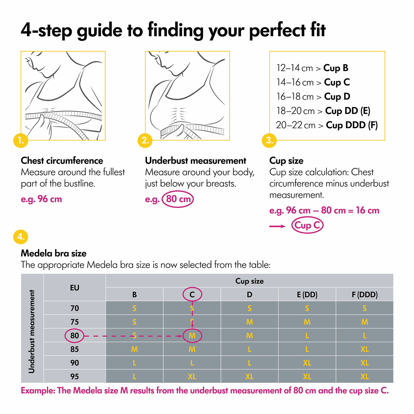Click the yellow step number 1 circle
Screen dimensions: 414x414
pyautogui.click(x=21, y=141)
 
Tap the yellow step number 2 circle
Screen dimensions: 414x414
pyautogui.click(x=145, y=141)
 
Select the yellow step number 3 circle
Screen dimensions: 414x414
pyautogui.click(x=269, y=141)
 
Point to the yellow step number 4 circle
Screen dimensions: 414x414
pyautogui.click(x=21, y=237)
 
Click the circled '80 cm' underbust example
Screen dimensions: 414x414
pyautogui.click(x=178, y=199)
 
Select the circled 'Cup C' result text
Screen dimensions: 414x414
pyautogui.click(x=307, y=225)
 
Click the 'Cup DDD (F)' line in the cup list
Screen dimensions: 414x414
pyautogui.click(x=327, y=125)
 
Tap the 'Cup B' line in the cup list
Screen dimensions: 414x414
pyautogui.click(x=312, y=68)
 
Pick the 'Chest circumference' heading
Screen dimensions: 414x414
pyautogui.click(x=62, y=161)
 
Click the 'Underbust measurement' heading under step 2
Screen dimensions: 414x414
pyautogui.click(x=195, y=161)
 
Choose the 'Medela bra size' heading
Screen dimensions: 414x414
pyautogui.click(x=54, y=253)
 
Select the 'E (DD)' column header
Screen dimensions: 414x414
pyautogui.click(x=307, y=294)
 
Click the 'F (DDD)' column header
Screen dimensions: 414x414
pyautogui.click(x=364, y=294)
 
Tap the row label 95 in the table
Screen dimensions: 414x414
pyautogui.click(x=75, y=376)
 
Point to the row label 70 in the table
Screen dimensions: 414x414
pyautogui.click(x=75, y=308)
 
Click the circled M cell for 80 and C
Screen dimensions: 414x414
pyautogui.click(x=192, y=336)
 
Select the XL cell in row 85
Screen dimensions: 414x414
pyautogui.click(x=364, y=349)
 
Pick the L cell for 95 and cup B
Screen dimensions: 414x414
pyautogui.click(x=135, y=376)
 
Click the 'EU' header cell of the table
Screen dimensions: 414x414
pyautogui.click(x=75, y=287)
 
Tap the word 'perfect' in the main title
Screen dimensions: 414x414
pyautogui.click(x=277, y=31)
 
